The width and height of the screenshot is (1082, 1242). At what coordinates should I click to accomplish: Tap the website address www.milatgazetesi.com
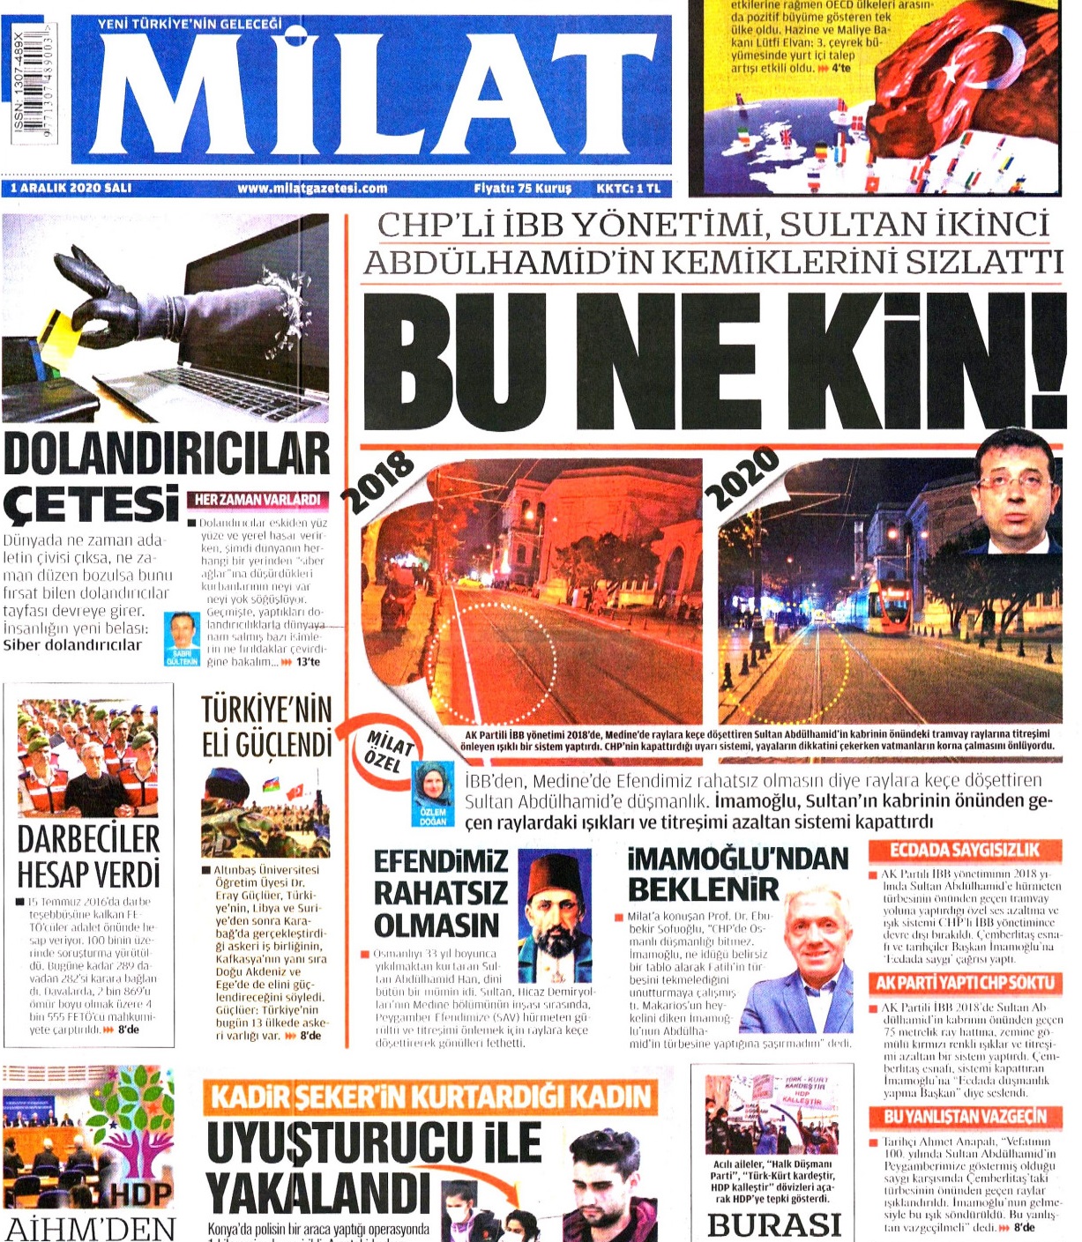[x=312, y=188]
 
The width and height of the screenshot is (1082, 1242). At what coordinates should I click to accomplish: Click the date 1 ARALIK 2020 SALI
[x=71, y=188]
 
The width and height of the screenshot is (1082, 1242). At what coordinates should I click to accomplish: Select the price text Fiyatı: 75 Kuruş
[x=522, y=188]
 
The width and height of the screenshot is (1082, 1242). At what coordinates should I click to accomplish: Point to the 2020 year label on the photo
[x=742, y=480]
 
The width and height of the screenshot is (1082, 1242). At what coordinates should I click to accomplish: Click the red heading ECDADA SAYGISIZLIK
[x=965, y=851]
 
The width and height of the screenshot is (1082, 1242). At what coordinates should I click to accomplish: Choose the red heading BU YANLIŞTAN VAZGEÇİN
[x=965, y=1117]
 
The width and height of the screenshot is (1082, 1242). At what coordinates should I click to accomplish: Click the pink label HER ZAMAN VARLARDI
[x=257, y=500]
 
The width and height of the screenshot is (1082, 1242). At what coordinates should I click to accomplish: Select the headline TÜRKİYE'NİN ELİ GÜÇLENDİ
[x=266, y=727]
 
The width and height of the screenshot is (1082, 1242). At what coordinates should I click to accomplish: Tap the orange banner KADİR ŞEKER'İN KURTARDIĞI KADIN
[x=430, y=1097]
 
